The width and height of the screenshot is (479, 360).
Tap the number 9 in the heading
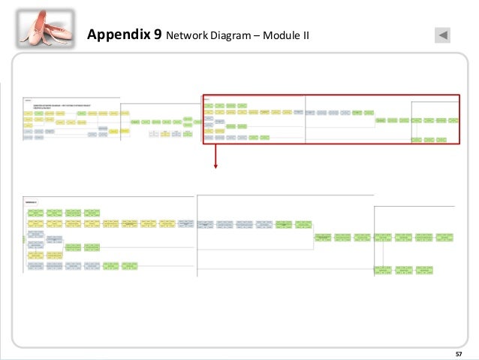(x=156, y=35)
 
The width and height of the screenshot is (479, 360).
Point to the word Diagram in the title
(x=230, y=35)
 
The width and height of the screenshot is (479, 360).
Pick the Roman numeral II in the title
(x=305, y=35)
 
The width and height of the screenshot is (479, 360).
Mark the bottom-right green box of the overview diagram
(x=449, y=140)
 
